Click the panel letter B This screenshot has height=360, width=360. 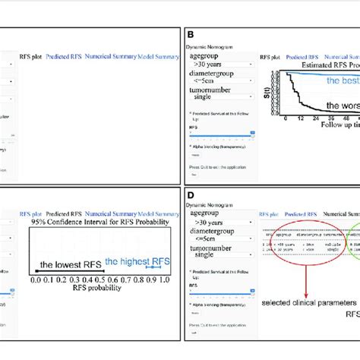[x=190, y=35]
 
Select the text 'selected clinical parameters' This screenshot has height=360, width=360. [x=302, y=303]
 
